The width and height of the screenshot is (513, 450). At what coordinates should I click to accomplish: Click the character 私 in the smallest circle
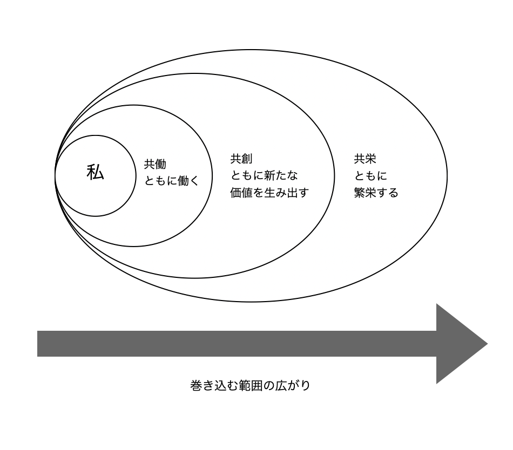coord(95,173)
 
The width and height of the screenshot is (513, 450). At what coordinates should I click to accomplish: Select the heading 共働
coord(155,165)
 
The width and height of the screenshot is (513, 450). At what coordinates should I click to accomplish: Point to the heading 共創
coord(241,159)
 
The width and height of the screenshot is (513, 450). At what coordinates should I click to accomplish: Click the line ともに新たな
coord(264,175)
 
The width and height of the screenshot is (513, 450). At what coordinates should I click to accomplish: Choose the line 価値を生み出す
coord(269,192)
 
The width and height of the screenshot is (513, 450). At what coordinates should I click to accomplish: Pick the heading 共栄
coord(365,159)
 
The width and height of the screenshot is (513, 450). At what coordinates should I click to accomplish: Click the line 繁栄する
coord(376,193)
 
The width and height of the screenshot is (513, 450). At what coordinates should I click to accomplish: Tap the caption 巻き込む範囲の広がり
coord(251,386)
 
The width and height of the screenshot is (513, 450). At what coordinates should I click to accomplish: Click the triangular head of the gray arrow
coord(459,344)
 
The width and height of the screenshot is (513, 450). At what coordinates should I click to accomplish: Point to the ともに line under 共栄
coord(370,176)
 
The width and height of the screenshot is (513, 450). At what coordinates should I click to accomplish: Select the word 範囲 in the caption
coord(256,386)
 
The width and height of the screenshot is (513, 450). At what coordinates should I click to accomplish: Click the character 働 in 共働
coord(160,165)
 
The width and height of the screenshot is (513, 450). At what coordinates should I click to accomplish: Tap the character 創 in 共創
coord(247,159)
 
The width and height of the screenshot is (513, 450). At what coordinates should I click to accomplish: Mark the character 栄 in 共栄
coord(370,159)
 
